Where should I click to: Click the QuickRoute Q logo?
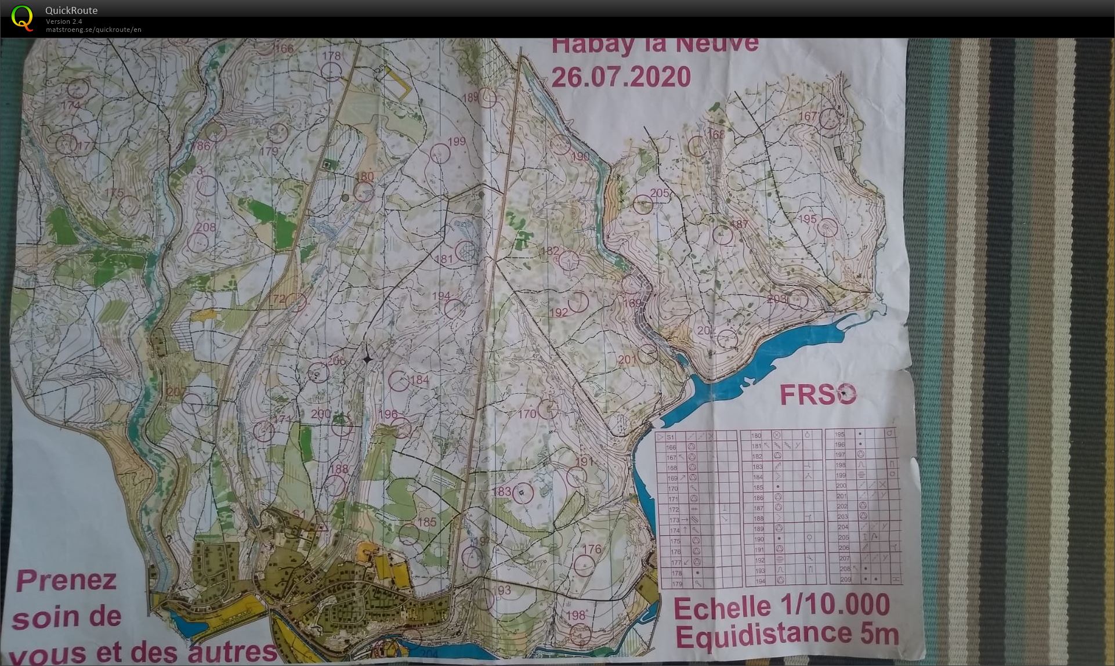click(x=22, y=17)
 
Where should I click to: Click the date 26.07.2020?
click(x=621, y=77)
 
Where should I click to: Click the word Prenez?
click(x=66, y=580)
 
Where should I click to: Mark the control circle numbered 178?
click(x=331, y=71)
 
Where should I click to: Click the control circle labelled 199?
click(x=440, y=153)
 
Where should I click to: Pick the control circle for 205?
click(x=643, y=204)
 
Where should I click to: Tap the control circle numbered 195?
click(x=828, y=227)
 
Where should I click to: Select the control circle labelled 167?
click(x=829, y=119)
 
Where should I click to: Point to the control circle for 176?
click(x=584, y=564)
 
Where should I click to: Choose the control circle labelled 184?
click(x=399, y=381)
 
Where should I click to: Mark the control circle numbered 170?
click(x=547, y=409)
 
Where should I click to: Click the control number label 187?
click(x=739, y=224)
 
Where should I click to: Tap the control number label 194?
click(x=441, y=296)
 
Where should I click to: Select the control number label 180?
click(x=365, y=177)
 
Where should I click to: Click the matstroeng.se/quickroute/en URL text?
click(x=93, y=30)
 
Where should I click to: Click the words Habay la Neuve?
click(x=654, y=45)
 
